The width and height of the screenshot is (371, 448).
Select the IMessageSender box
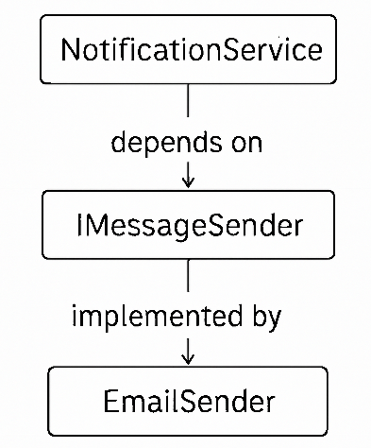(189, 225)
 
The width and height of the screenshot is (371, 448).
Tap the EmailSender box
(188, 401)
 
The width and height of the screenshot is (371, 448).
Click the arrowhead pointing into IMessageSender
(189, 180)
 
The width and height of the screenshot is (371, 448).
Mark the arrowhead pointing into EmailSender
(189, 357)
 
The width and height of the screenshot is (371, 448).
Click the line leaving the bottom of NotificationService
(189, 102)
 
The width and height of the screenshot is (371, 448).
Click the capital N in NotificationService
(70, 49)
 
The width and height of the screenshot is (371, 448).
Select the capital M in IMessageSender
(97, 225)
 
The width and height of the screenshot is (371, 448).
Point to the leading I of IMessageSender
(80, 225)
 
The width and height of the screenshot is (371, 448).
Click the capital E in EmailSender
(110, 401)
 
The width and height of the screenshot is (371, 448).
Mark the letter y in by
(273, 319)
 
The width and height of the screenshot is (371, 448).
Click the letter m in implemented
(91, 317)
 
